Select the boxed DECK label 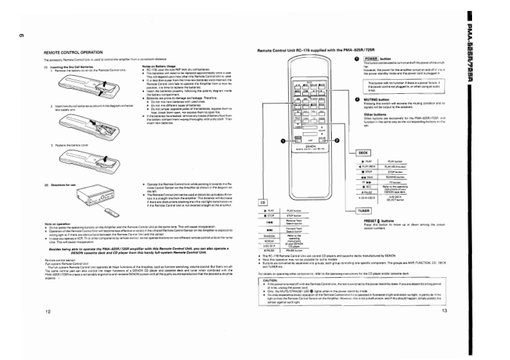(362, 152)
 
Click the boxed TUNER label (363, 210)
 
